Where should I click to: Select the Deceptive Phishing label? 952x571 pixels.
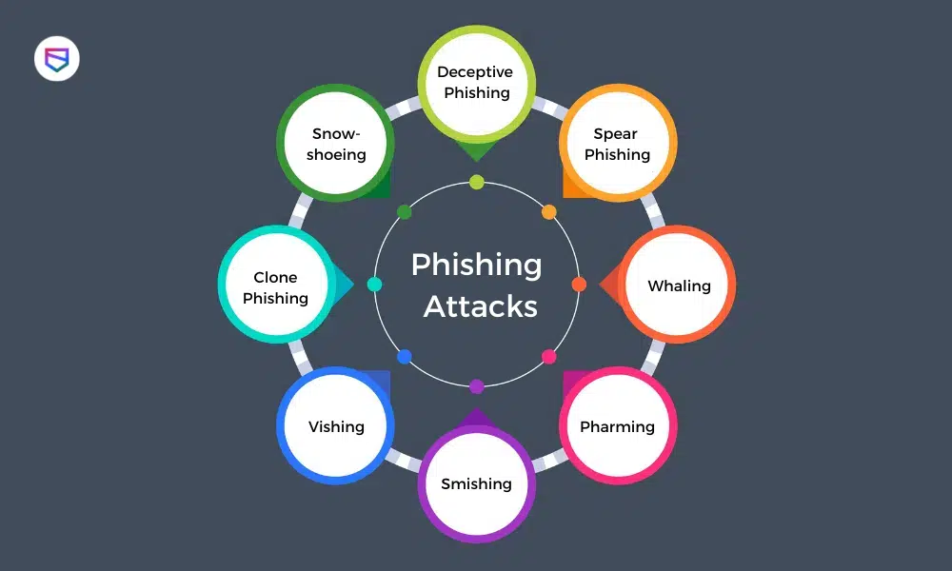point(475,83)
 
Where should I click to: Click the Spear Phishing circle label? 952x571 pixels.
point(617,145)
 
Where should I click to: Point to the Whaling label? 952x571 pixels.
point(679,285)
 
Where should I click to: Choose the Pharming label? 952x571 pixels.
point(617,426)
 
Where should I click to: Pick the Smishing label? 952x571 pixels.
point(476,483)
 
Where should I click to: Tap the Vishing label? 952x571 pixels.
point(336,426)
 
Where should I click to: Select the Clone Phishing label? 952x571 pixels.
point(275,287)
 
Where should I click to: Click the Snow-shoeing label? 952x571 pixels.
point(336,145)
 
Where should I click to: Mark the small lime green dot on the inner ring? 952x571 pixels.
point(477,182)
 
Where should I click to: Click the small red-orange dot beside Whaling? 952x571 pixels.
point(579,284)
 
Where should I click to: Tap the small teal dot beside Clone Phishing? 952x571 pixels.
point(374,284)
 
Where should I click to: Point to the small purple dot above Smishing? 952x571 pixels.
point(477,386)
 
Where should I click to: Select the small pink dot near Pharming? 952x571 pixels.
point(549,357)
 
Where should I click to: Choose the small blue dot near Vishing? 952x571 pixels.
point(405,357)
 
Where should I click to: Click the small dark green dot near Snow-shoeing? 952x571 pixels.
point(405,211)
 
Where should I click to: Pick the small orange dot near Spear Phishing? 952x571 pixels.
point(549,211)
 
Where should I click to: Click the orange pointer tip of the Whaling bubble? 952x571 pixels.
point(604,284)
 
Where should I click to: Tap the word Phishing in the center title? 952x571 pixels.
point(476,265)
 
